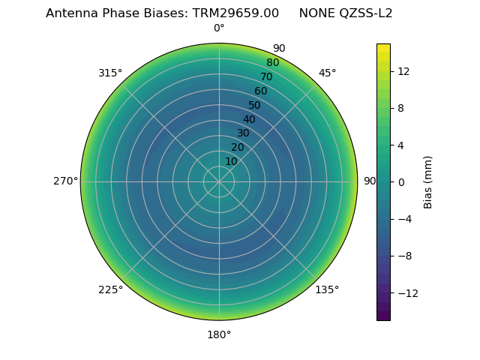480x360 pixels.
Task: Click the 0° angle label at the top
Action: coord(219,28)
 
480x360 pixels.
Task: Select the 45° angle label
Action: coord(327,73)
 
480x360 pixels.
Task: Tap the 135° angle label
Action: coord(327,289)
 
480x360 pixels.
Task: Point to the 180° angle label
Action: coord(219,334)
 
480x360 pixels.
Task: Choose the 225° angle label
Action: coord(110,289)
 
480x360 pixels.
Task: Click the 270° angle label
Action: coord(66,181)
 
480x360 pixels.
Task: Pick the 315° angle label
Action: coord(110,73)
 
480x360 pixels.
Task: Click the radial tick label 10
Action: coord(231,161)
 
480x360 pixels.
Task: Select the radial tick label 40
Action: coord(249,119)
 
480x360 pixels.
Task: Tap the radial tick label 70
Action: coord(267,77)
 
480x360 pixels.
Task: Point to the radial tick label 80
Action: coord(273,63)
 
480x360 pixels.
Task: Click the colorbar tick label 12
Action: coord(403,71)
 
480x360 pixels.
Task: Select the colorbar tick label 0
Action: coord(401,181)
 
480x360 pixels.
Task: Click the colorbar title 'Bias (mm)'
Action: coord(428,181)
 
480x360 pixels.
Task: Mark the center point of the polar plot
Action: coord(219,181)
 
